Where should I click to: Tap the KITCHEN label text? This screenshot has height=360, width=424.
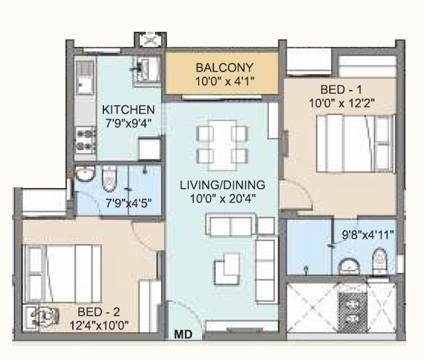[x=128, y=109]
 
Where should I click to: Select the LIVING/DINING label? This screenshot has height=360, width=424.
[x=222, y=185]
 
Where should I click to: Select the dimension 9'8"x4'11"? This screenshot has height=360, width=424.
[x=368, y=234]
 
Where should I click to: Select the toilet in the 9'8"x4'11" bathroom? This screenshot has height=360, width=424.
[x=379, y=261]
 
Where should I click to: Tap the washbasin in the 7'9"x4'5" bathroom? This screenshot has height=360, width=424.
[x=84, y=174]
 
